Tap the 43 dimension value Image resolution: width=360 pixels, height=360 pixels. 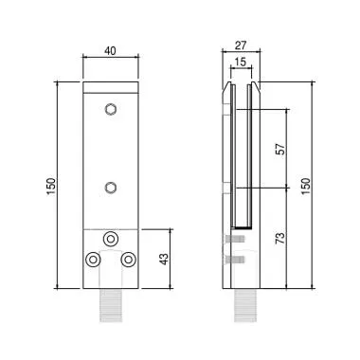(x=162, y=258)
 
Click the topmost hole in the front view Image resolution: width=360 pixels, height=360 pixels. (x=112, y=109)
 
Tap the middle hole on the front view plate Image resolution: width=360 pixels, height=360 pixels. (x=112, y=187)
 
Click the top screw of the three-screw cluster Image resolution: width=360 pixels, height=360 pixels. (x=112, y=239)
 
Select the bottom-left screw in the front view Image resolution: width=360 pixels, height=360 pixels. (x=94, y=259)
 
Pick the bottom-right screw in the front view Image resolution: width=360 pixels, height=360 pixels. (x=129, y=259)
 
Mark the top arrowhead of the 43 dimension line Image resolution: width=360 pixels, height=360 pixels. (x=171, y=231)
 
